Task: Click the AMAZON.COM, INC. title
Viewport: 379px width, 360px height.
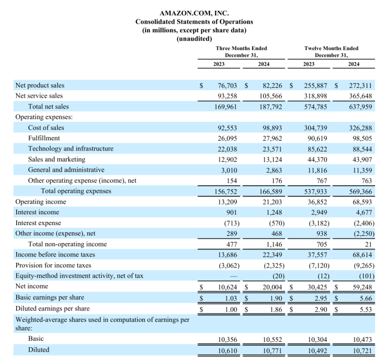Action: pos(194,13)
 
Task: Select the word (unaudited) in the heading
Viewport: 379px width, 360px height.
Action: pos(194,39)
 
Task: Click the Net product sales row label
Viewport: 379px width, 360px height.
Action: pos(40,85)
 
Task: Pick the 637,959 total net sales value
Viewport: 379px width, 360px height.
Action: pos(360,106)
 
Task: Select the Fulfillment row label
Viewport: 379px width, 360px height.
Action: pos(44,138)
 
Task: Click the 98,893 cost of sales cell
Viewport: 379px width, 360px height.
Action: pos(273,128)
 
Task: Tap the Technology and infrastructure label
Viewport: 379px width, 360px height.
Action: pos(71,149)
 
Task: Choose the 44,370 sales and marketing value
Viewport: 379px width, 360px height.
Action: pos(317,159)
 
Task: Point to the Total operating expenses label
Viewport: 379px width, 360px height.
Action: pos(76,191)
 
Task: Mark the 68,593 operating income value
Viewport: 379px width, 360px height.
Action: pos(362,202)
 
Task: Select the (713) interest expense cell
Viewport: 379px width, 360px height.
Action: pos(232,223)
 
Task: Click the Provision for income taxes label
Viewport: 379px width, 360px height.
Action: pos(53,265)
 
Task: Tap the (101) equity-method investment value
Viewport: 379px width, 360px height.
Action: pos(367,276)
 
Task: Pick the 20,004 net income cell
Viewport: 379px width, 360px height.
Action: pos(273,287)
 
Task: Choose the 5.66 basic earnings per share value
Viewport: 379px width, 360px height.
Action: pos(366,298)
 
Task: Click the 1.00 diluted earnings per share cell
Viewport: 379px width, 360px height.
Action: pos(231,309)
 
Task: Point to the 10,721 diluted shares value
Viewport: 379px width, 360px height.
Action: pos(362,351)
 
